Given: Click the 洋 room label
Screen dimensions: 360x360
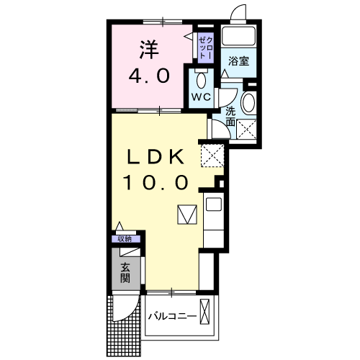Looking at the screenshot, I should tap(148, 49).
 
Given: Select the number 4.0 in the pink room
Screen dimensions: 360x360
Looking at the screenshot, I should tap(148, 75).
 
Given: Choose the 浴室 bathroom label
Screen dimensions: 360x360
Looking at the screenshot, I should tap(239, 61).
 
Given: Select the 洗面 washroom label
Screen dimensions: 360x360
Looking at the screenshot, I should tap(230, 117).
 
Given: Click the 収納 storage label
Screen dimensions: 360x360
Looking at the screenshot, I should tap(125, 239).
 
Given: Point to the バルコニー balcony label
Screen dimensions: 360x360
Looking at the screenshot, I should tap(171, 316).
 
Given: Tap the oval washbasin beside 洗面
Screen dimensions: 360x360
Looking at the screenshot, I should tap(248, 102).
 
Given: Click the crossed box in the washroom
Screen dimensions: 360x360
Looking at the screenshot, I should tap(248, 130).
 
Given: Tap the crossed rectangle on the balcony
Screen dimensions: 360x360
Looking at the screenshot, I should tap(207, 314).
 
